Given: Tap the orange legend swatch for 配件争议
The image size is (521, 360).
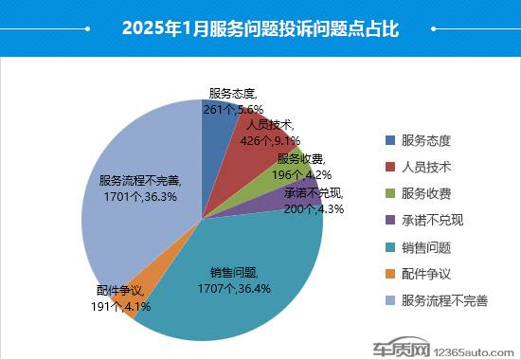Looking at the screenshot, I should click(x=389, y=274).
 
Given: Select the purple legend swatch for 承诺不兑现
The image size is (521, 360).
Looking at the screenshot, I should click(x=389, y=221).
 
